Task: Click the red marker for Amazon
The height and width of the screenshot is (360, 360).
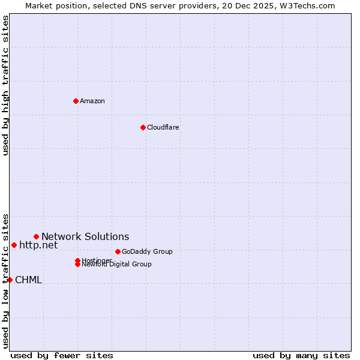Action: click(76, 101)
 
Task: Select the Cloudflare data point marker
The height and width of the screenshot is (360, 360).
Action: click(143, 127)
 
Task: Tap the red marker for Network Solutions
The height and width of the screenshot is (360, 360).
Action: click(36, 236)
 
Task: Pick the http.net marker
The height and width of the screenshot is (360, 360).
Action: click(14, 245)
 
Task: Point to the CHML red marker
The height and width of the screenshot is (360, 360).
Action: click(10, 280)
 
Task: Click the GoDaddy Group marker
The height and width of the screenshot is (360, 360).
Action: click(118, 251)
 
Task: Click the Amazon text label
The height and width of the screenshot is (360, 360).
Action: click(92, 101)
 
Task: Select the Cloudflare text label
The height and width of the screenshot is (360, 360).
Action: click(163, 127)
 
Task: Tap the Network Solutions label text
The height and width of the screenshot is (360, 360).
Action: click(85, 236)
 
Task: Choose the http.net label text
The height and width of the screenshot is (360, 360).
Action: click(38, 245)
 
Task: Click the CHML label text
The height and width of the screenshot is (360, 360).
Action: click(28, 280)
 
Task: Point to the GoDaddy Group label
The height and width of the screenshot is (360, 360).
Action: click(147, 251)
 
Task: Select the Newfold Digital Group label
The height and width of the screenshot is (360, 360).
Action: click(117, 265)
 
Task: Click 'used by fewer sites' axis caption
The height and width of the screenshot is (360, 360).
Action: click(62, 355)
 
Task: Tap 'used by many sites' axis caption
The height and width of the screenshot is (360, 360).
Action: click(301, 355)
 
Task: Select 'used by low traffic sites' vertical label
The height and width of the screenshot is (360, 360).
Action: click(5, 280)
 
